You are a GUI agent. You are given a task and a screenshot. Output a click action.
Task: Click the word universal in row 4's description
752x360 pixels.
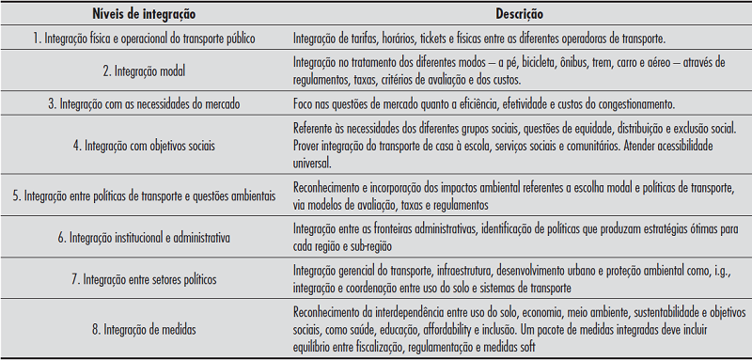point(314,161)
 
